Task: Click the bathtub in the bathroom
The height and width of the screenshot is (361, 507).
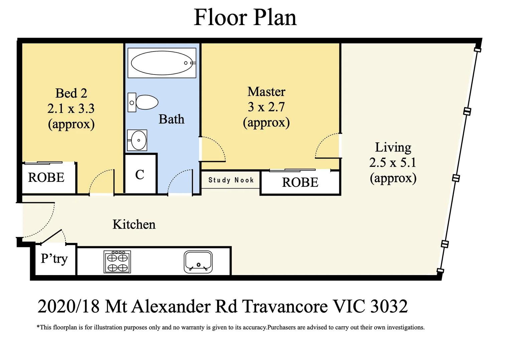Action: pos(162,63)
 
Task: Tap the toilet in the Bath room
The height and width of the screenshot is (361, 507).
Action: pos(143,102)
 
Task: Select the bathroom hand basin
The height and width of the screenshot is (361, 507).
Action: pos(137,140)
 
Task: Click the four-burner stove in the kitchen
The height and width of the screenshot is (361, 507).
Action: pos(117,262)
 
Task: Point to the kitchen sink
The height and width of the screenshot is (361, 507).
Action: pos(198,262)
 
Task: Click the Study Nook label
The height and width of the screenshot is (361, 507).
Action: pos(231,180)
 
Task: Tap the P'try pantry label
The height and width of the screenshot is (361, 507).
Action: pos(54,258)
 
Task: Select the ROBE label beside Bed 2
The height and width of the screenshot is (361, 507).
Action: pos(46,177)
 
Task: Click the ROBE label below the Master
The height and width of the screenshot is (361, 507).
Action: pos(300,182)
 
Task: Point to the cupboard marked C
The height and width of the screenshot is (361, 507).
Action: pos(140,174)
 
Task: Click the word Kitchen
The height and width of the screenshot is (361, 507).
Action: pos(134,224)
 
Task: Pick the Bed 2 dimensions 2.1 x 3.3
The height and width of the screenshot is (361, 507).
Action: pos(71,108)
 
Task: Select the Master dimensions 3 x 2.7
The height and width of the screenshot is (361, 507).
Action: pos(266,107)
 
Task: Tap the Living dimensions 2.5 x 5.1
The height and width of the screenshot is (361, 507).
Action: pos(393,162)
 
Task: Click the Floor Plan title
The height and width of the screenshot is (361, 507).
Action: pos(245,17)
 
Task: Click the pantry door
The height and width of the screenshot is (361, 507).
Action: pos(51,237)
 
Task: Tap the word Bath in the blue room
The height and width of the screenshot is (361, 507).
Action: pos(171,119)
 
